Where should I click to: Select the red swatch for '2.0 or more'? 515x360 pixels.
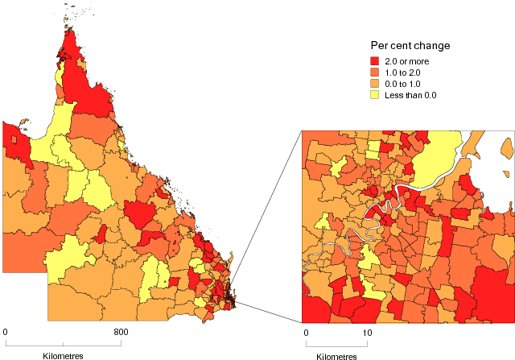376,61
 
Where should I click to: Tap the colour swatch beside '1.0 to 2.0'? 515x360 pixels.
376,72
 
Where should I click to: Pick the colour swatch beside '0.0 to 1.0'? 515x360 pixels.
376,84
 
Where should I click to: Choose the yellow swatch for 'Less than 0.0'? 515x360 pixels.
376,95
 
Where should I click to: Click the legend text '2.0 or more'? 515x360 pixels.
408,61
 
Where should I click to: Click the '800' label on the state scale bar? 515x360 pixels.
121,332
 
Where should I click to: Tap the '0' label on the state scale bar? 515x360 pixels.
6,332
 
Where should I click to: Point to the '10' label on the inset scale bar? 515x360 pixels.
366,332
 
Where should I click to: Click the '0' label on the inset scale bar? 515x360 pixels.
306,332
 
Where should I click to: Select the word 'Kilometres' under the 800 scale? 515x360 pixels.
63,355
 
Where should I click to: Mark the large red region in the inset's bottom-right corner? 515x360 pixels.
491,294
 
